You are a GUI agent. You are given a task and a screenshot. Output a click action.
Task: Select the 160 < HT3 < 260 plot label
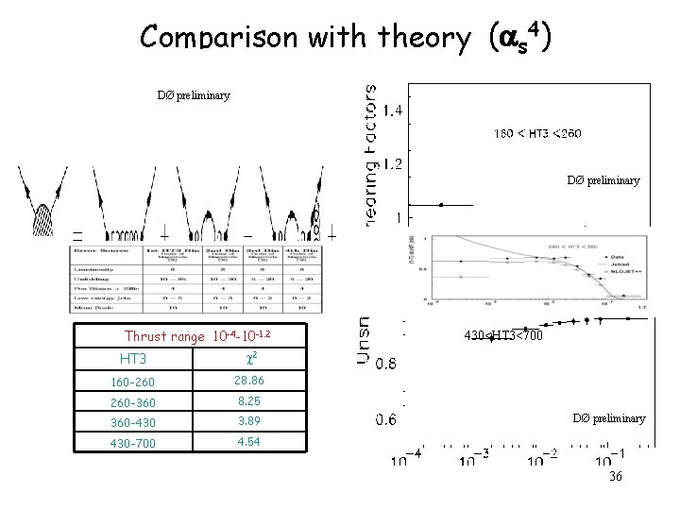537,133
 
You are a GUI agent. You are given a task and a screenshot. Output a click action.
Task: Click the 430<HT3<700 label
503,333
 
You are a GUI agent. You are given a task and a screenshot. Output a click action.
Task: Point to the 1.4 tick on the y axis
391,111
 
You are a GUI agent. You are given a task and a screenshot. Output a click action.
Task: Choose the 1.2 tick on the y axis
391,163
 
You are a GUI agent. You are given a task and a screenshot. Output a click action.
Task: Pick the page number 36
615,477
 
